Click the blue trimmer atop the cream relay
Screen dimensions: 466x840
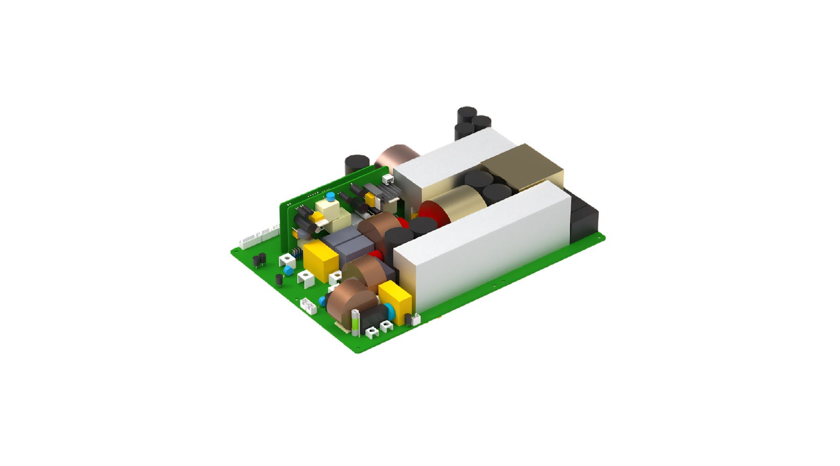(330, 196)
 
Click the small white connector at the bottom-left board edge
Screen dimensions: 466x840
(308, 306)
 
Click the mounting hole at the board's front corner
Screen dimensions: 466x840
(358, 349)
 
